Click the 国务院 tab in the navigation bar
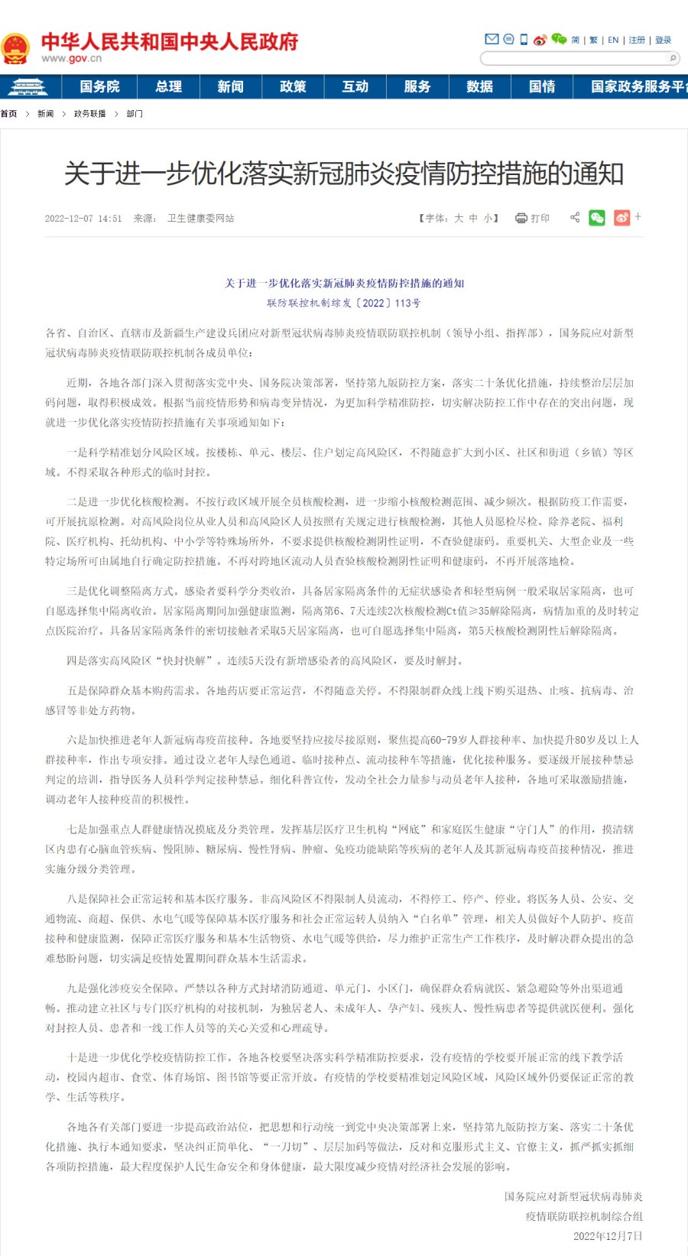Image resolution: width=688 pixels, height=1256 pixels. click(99, 86)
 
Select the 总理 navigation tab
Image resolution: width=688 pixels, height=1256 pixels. click(168, 86)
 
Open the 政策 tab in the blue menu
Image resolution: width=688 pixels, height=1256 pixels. click(293, 86)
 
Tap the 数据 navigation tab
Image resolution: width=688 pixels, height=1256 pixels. click(479, 86)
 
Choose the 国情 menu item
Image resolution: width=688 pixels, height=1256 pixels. click(542, 86)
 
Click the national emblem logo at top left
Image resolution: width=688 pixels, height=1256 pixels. click(15, 47)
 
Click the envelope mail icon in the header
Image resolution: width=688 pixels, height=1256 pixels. click(492, 39)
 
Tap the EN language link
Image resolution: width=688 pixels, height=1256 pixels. click(613, 40)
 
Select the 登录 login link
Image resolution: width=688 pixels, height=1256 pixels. click(663, 40)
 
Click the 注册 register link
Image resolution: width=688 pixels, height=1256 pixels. click(637, 40)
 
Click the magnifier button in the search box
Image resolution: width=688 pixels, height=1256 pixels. click(673, 58)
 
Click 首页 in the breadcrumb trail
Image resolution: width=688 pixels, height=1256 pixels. click(8, 114)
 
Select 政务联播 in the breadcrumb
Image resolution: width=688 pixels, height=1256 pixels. click(89, 114)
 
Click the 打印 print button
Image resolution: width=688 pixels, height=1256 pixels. click(533, 218)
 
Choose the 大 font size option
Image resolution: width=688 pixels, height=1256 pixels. click(459, 218)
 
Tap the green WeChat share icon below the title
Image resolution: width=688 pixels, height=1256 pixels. click(597, 218)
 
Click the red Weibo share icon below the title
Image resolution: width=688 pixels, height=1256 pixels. click(622, 218)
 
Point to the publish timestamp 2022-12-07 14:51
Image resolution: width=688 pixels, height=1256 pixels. click(83, 219)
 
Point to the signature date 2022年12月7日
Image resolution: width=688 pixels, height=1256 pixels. click(608, 1236)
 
